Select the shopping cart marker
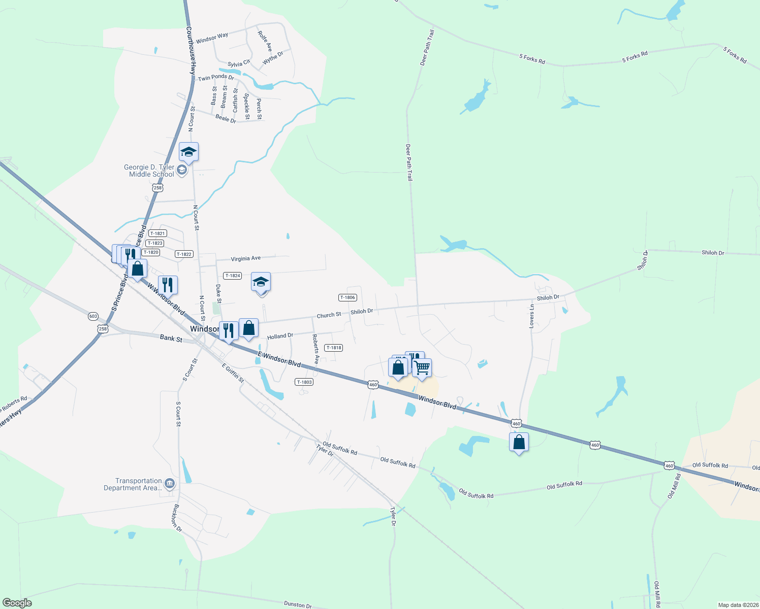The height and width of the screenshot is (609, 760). point(422,368)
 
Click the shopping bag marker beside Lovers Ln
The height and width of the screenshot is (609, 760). point(519,442)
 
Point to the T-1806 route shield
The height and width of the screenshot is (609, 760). point(347,297)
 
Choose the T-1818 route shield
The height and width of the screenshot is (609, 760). point(334,348)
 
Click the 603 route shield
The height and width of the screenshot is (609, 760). point(93,316)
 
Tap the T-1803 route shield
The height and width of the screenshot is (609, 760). point(304,382)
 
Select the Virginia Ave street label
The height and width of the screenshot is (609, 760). point(245,259)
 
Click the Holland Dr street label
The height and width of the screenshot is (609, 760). point(280,336)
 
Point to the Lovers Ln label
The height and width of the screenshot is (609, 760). point(532,316)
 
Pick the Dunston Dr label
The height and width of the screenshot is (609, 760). point(298,604)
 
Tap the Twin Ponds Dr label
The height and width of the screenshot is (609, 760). point(216,78)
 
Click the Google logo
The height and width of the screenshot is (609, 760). point(17,603)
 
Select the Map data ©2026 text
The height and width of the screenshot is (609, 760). point(738,605)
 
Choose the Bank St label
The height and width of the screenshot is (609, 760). point(171,338)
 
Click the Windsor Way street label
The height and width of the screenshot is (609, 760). point(212,38)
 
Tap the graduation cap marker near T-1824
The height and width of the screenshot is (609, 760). point(261,282)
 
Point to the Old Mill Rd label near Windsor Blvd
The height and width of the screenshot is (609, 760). point(674,486)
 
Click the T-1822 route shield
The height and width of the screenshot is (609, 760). point(184,254)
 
